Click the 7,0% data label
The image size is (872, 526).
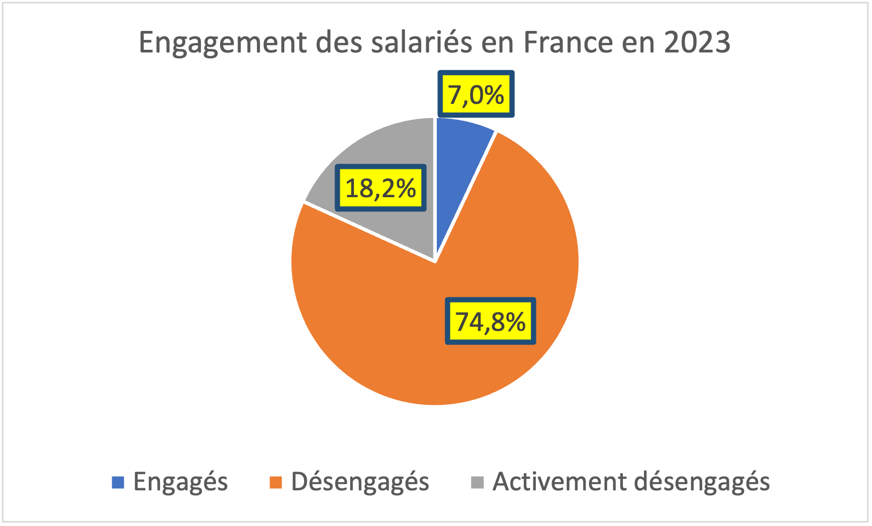point(476,94)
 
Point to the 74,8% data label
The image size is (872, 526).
point(490,321)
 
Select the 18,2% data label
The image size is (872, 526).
point(381,188)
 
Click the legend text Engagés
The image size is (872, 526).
point(180,481)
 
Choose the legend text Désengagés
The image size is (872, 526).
point(360,481)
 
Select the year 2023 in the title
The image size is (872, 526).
point(697,42)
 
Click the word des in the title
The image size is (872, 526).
point(339,42)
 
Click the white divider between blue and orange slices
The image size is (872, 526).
point(465,197)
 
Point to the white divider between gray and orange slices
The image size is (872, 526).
point(370,232)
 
